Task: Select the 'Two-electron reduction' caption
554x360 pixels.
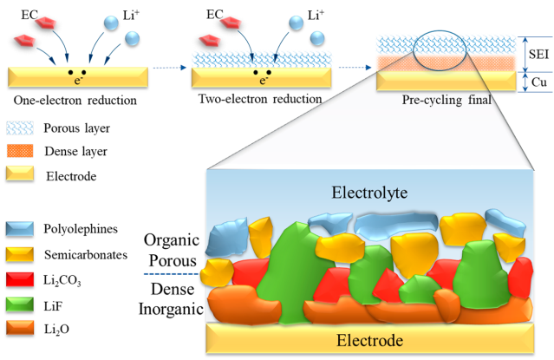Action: coord(258,99)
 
